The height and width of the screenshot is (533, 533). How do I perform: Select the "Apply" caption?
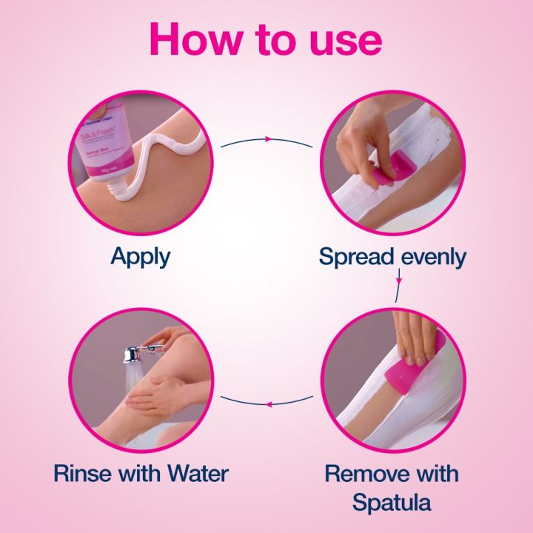[140, 257]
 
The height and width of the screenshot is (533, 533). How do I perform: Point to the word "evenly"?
[433, 258]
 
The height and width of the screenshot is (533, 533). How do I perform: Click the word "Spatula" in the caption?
[392, 503]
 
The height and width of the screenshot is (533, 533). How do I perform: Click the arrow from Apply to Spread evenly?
[267, 139]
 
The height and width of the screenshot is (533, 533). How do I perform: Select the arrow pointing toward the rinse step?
[267, 404]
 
